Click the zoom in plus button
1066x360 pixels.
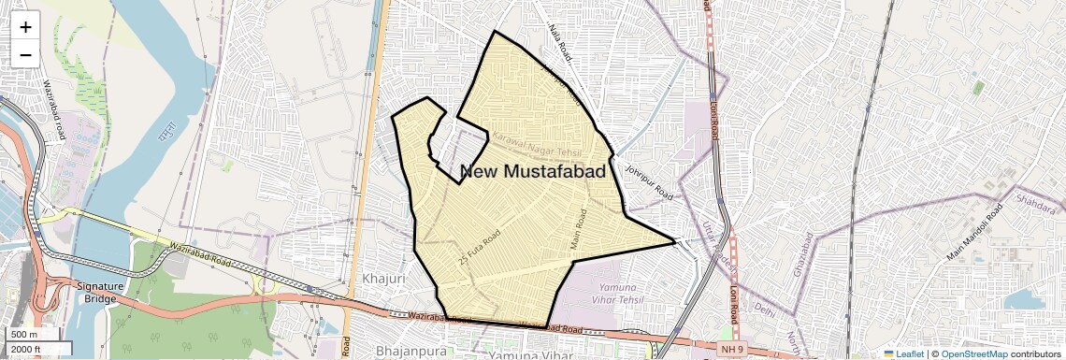click(25, 27)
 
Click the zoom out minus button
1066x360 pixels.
click(25, 54)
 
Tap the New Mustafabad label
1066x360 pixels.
click(533, 171)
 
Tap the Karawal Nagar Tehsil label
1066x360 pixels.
click(537, 145)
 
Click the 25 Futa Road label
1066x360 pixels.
click(481, 246)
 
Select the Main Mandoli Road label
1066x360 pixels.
click(979, 231)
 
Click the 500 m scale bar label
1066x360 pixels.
click(25, 335)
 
